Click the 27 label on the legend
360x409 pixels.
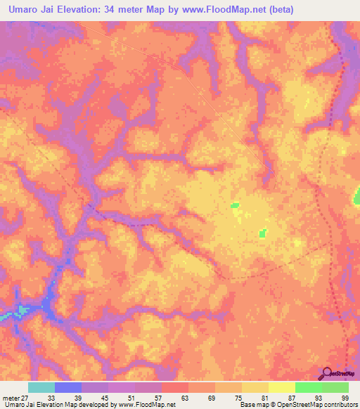coord(27,397)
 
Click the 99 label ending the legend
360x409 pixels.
coord(345,397)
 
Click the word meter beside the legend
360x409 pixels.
coord(11,397)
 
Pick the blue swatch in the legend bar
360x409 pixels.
coord(67,387)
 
